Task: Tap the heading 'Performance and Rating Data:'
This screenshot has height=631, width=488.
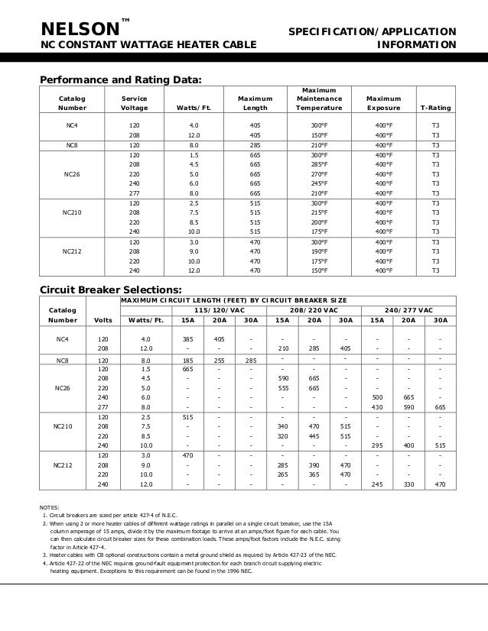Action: click(x=121, y=79)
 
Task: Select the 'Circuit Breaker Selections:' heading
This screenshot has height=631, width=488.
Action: click(x=110, y=290)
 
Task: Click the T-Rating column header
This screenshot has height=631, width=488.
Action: click(x=435, y=108)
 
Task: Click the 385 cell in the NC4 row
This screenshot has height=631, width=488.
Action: click(x=187, y=338)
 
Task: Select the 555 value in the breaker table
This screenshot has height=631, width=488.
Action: click(x=282, y=387)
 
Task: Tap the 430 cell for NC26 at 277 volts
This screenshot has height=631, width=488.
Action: click(x=377, y=406)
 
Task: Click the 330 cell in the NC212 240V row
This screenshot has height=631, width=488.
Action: click(x=408, y=484)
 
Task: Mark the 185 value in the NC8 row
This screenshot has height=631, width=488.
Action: click(x=187, y=359)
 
